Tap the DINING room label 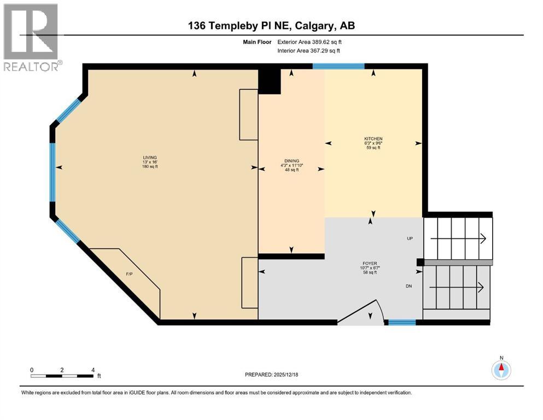pyautogui.click(x=291, y=161)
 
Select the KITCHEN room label pyautogui.click(x=373, y=139)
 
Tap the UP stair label pyautogui.click(x=410, y=239)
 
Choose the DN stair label pyautogui.click(x=409, y=286)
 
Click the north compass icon pyautogui.click(x=501, y=369)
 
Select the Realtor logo pyautogui.click(x=31, y=37)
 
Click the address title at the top pyautogui.click(x=272, y=25)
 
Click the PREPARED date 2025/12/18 pyautogui.click(x=272, y=375)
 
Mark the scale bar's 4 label pyautogui.click(x=93, y=370)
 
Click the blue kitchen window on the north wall pyautogui.click(x=338, y=66)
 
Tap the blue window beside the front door pyautogui.click(x=402, y=322)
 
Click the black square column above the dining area pyautogui.click(x=269, y=81)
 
